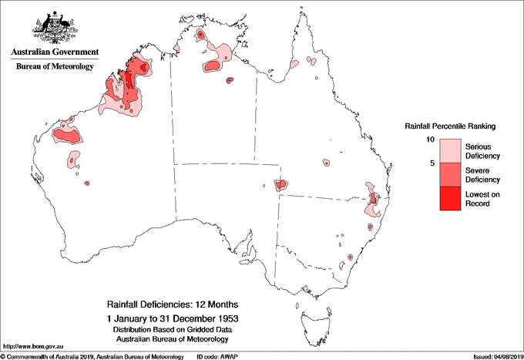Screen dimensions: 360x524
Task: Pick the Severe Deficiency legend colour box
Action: (x=450, y=174)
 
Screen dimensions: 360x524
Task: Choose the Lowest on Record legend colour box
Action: (x=450, y=198)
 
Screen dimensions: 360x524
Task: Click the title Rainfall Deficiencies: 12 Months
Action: (x=172, y=304)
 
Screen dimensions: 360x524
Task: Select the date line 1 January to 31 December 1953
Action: (x=172, y=318)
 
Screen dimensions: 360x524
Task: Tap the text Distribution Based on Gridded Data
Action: (x=172, y=329)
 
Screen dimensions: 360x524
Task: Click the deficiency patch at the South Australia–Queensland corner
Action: (x=280, y=185)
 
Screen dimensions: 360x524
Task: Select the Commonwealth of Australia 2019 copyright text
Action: (x=92, y=356)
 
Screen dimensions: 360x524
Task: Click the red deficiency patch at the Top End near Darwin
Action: (x=200, y=35)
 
